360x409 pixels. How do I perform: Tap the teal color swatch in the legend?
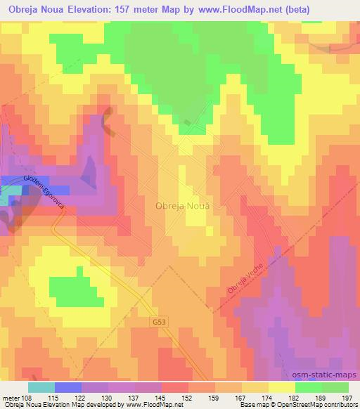click(x=41, y=387)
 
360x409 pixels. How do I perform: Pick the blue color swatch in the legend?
click(x=67, y=387)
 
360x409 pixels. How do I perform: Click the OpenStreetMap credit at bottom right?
click(x=330, y=405)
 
